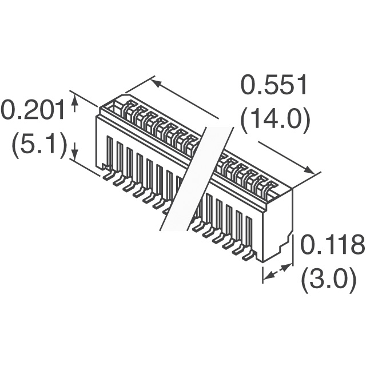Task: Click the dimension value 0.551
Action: [x=273, y=85]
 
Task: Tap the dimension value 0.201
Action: [x=33, y=110]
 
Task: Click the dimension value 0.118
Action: [x=332, y=245]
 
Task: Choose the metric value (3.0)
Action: [x=329, y=280]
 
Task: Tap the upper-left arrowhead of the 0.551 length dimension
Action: [x=156, y=83]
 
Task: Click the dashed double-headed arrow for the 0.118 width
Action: [x=278, y=271]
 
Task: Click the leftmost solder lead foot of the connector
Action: [x=108, y=176]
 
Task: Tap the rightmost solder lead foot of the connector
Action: [x=248, y=256]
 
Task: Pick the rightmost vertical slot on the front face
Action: [x=249, y=233]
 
